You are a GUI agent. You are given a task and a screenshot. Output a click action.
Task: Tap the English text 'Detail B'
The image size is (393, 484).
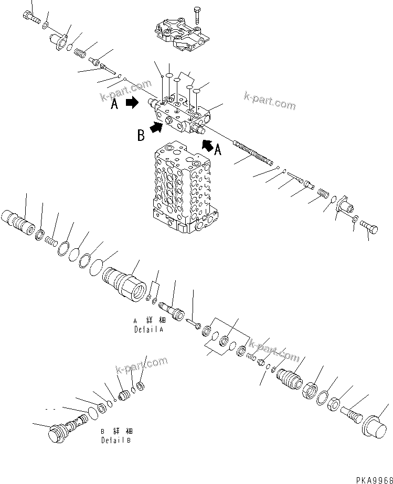tap(116, 441)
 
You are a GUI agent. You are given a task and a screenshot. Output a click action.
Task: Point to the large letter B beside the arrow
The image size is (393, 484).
tap(141, 136)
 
